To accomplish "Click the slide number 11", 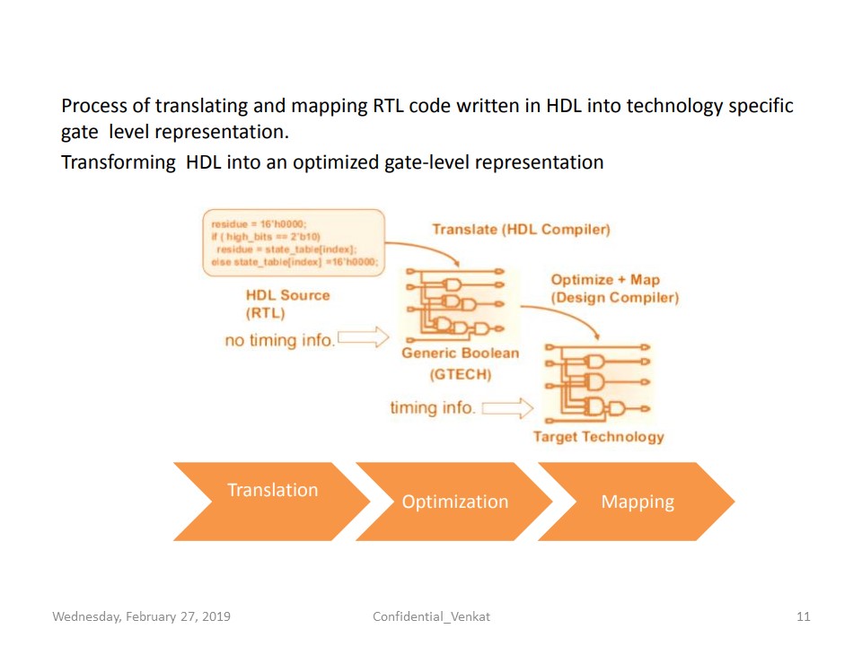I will (804, 616).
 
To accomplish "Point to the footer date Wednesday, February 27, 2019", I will (141, 616).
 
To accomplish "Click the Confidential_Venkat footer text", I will (431, 616).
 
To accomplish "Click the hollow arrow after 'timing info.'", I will (508, 409).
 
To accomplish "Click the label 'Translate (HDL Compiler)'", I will (521, 230).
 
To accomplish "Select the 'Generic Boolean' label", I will (460, 353).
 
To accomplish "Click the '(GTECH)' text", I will (459, 375).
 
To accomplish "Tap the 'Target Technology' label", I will (598, 437).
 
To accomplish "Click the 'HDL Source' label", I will (287, 295).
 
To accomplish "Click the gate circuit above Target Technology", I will (597, 383).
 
